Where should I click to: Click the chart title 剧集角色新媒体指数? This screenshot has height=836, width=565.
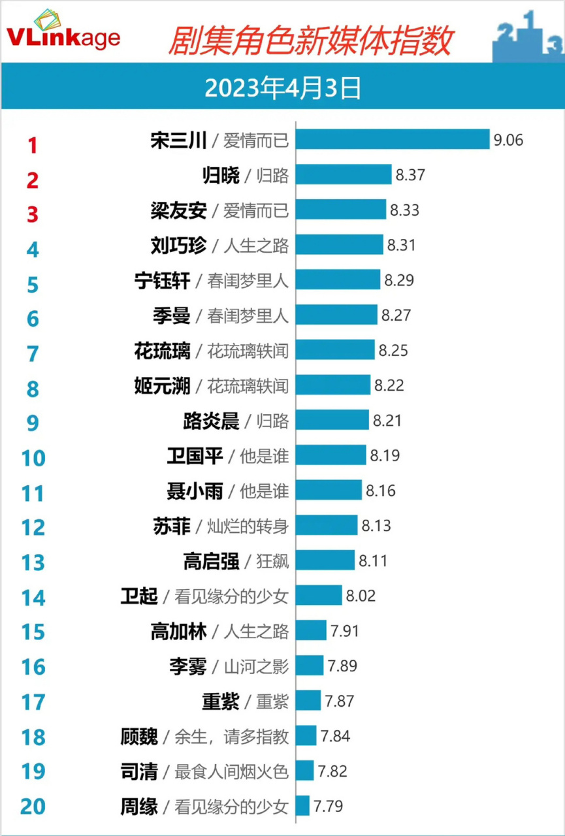tap(310, 41)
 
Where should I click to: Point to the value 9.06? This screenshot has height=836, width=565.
tap(508, 140)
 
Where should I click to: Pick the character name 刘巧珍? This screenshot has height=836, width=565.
tap(178, 246)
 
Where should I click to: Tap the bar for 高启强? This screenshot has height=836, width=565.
tap(325, 560)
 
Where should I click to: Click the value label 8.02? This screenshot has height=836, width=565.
tap(361, 596)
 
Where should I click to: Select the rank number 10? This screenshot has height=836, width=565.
tap(33, 458)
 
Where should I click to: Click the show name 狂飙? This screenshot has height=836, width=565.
tap(273, 561)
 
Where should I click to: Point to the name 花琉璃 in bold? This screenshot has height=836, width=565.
tap(162, 351)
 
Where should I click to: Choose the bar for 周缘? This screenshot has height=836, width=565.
tap(303, 806)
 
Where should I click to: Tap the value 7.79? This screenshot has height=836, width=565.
tap(329, 806)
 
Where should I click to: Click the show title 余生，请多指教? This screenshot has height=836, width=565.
tap(231, 737)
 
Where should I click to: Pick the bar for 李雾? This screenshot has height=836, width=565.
tap(310, 666)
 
